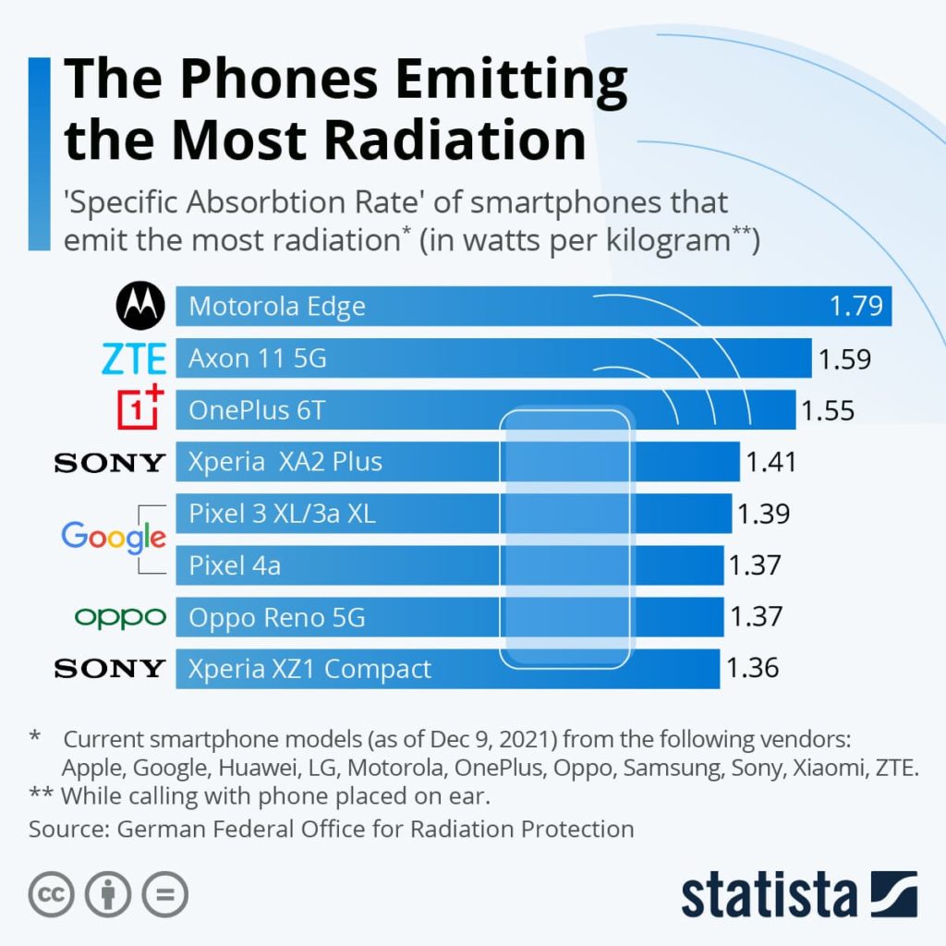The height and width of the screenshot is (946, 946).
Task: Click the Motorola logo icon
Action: coord(139,306)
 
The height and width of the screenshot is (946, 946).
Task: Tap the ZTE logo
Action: coord(134,358)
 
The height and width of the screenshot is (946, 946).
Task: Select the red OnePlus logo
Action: coord(139,409)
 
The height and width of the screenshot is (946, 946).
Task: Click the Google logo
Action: coord(114,537)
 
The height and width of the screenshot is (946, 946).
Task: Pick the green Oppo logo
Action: coord(120,616)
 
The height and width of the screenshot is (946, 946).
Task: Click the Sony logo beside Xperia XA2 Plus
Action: coord(110,462)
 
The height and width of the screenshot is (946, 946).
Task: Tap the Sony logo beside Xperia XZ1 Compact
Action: coord(110,668)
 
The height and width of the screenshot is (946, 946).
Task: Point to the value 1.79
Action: coord(856,306)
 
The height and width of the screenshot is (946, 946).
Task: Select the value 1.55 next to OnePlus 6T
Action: coord(828,410)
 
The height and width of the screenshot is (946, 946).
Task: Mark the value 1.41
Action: coord(770,462)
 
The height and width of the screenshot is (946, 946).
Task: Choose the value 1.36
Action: coord(753,668)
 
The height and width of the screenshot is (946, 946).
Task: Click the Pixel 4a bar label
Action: coord(235,565)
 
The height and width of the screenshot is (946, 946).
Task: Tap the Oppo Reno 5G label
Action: coord(276,617)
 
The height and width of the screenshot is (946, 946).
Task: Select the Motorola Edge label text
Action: coord(276,307)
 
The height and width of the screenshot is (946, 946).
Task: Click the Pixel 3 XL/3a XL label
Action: coord(282,514)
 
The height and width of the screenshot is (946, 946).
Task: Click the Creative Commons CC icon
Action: coord(51,894)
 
